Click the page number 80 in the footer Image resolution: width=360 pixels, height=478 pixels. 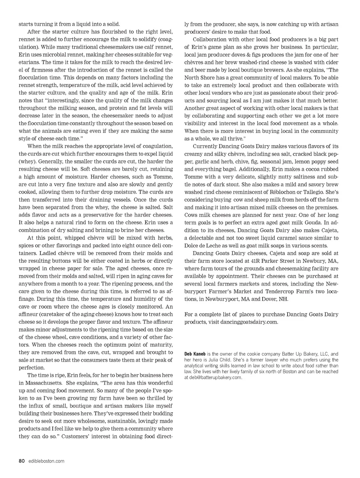[x=21, y=461]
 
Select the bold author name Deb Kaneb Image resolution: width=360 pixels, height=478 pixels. [x=195, y=354]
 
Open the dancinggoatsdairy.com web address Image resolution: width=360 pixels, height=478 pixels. [x=249, y=322]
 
